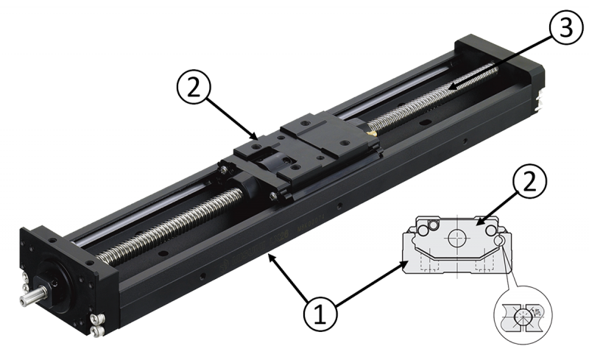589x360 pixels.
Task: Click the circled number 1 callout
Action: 319,314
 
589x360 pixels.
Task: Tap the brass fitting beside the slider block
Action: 372,134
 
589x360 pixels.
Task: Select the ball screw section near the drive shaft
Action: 169,221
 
